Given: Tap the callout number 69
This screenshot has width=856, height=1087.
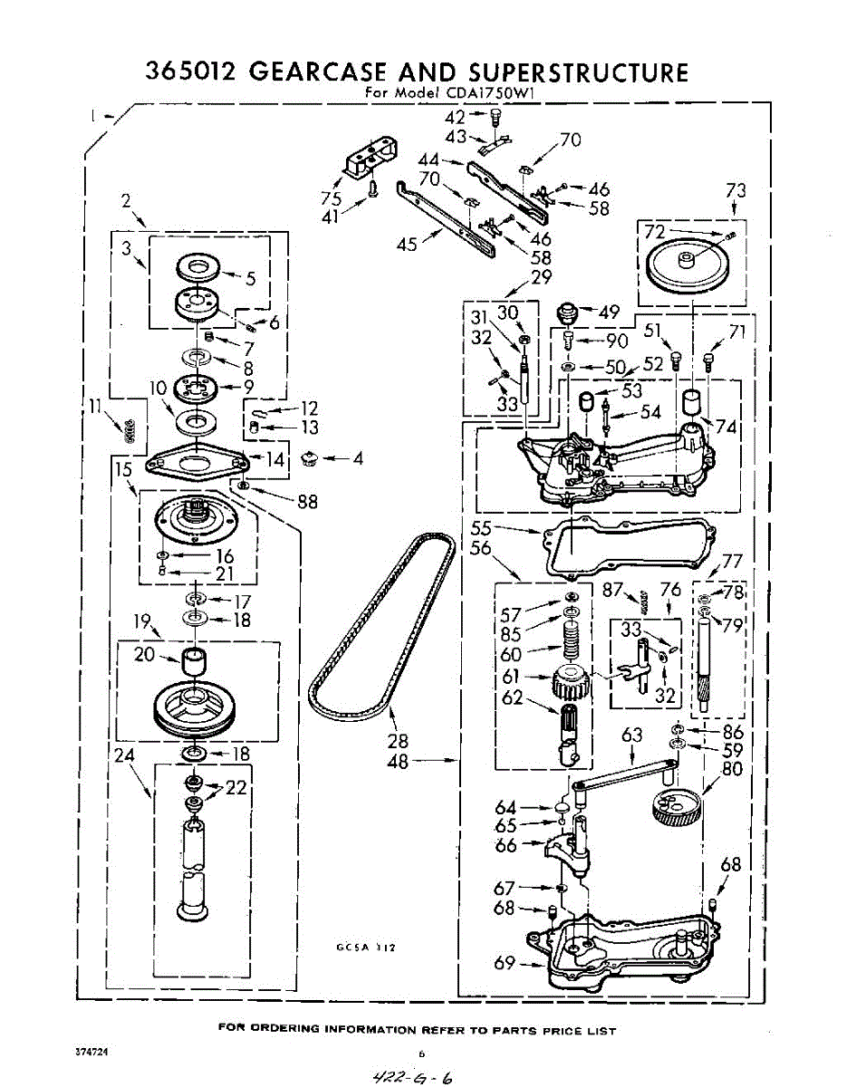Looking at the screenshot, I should (505, 963).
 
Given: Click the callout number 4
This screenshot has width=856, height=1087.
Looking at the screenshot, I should (358, 458).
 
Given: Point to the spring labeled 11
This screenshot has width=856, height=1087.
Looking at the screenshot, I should (130, 428).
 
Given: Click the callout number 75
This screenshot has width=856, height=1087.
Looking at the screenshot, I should (331, 198).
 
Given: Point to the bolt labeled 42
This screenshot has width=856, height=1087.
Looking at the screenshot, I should (495, 117).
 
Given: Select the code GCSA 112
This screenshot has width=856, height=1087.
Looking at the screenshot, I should (367, 948).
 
